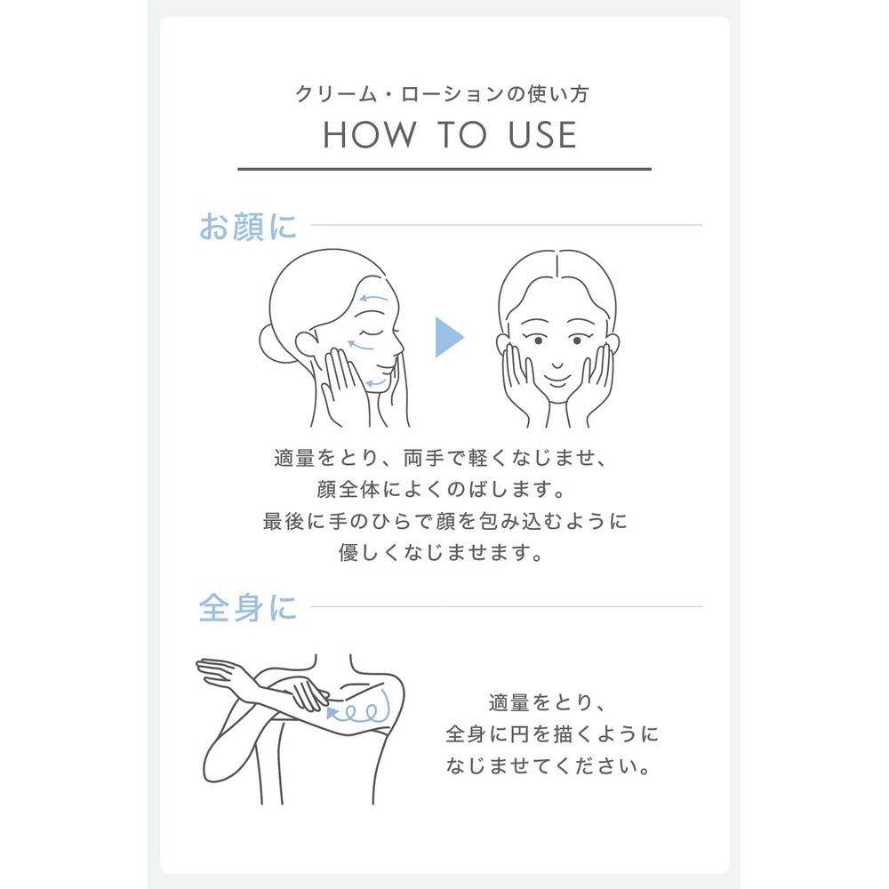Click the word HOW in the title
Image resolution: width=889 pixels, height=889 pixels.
pos(369,135)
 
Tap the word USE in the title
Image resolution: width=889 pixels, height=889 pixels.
pos(542,135)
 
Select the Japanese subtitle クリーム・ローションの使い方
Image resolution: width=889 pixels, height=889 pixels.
pos(442,93)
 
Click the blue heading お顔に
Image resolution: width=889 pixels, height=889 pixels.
pos(248,226)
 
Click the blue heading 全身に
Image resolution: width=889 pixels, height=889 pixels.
pos(248,607)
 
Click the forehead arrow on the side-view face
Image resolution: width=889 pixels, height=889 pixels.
pos(373,298)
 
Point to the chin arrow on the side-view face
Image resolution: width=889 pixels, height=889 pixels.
pos(375,383)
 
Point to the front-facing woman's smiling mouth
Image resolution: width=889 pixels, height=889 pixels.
pos(557,378)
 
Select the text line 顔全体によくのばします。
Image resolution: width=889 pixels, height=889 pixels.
pos(442,489)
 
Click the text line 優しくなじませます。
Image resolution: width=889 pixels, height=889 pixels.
pos(442,552)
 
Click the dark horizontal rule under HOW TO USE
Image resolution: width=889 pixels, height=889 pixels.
pos(444,169)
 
